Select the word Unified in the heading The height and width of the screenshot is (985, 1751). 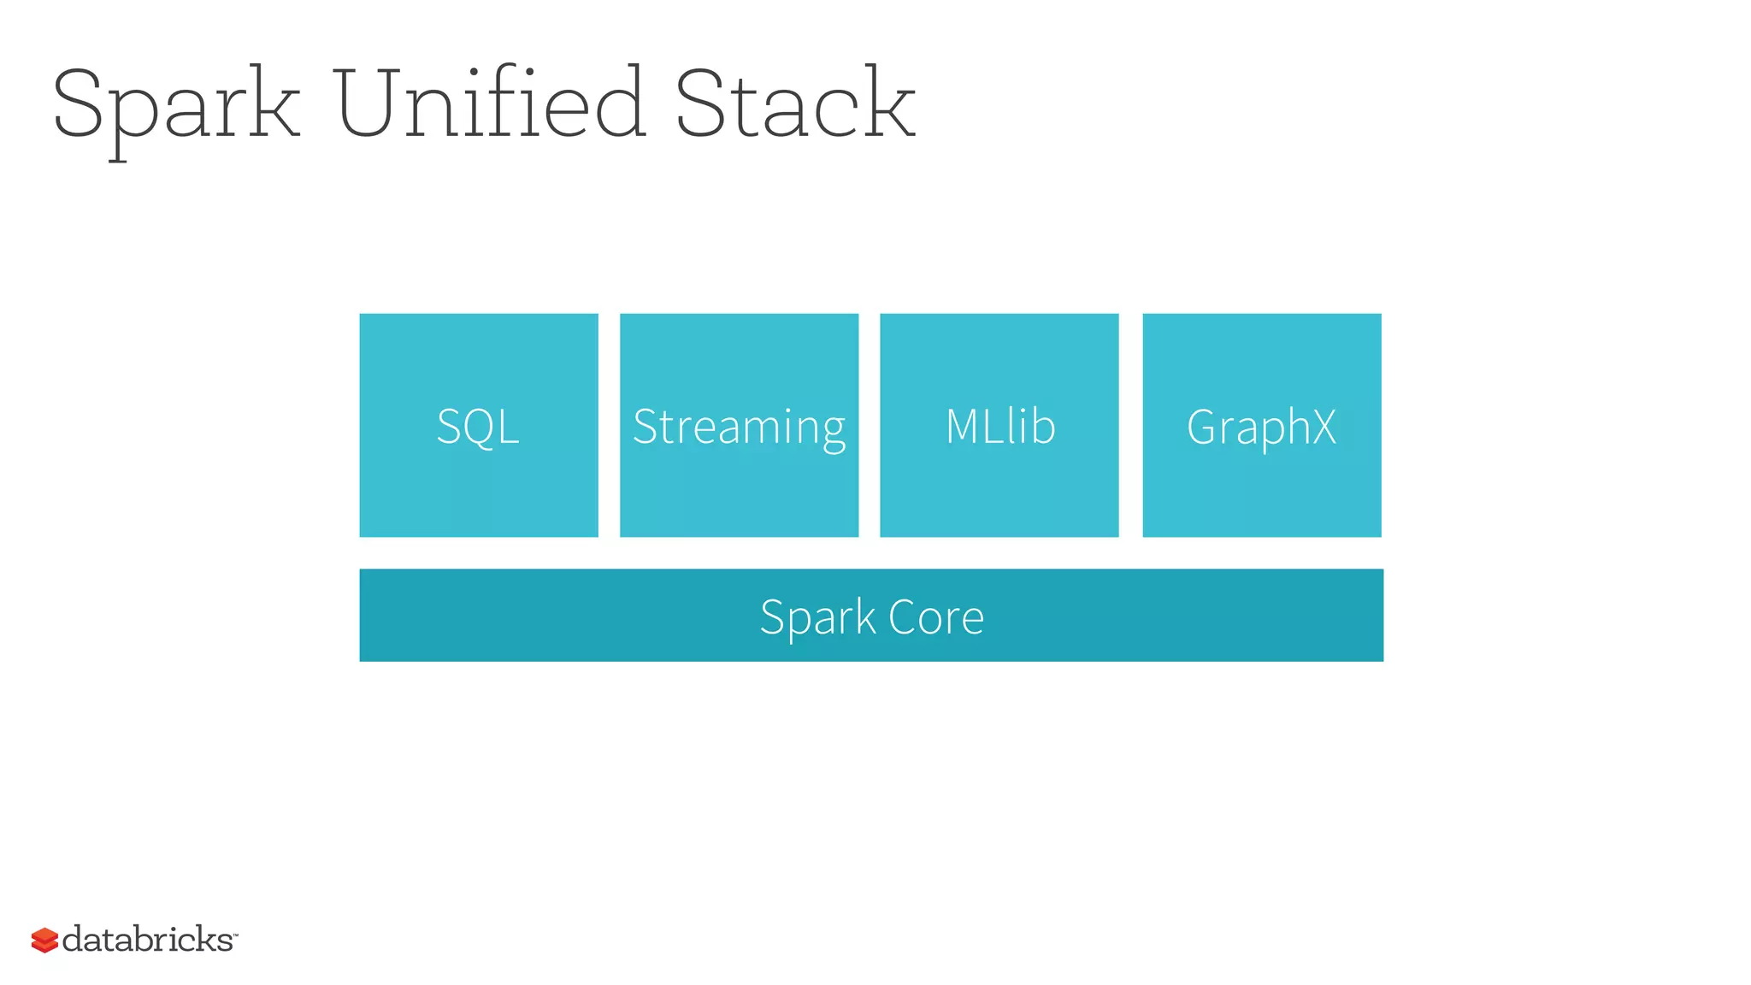click(489, 103)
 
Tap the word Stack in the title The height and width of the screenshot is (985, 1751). click(795, 103)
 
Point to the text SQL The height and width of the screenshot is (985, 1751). click(478, 426)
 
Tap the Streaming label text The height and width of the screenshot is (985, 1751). click(739, 427)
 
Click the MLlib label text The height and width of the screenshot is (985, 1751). click(999, 426)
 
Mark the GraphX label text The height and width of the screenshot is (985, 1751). click(1261, 427)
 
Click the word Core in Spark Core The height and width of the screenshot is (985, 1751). click(936, 616)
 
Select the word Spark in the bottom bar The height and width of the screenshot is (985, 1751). click(818, 617)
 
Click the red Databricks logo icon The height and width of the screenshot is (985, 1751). click(44, 940)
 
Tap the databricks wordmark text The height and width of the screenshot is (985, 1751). click(147, 939)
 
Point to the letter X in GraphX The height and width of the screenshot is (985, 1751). click(1323, 426)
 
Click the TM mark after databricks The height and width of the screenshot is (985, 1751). click(235, 935)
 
